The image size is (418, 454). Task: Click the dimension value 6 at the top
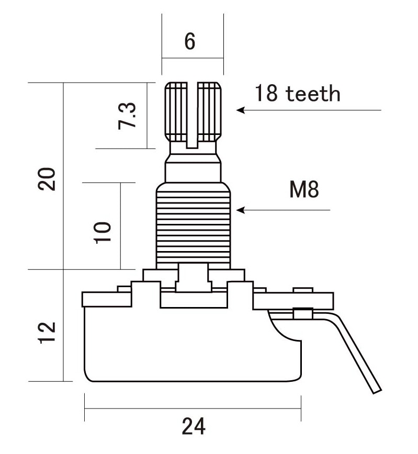(190, 41)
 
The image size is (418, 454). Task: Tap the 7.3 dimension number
(127, 116)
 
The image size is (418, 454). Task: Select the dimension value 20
(47, 179)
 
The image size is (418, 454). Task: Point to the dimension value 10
(103, 233)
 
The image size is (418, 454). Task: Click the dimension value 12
(47, 333)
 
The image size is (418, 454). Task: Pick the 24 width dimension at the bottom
(194, 426)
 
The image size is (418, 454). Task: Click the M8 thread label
(304, 189)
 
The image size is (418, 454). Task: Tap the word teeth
(313, 93)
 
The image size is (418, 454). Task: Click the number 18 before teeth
(266, 93)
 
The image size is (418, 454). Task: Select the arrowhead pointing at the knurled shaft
(241, 110)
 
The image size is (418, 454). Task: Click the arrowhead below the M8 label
(241, 210)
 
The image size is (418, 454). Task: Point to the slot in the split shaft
(192, 115)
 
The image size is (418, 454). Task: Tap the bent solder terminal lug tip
(377, 391)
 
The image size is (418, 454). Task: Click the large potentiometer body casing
(193, 345)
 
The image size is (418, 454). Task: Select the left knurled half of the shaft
(176, 112)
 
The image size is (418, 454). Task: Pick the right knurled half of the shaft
(209, 112)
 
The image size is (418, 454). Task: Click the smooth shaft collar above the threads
(193, 173)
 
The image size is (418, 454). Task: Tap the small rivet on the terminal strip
(303, 314)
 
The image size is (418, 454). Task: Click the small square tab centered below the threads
(193, 277)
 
